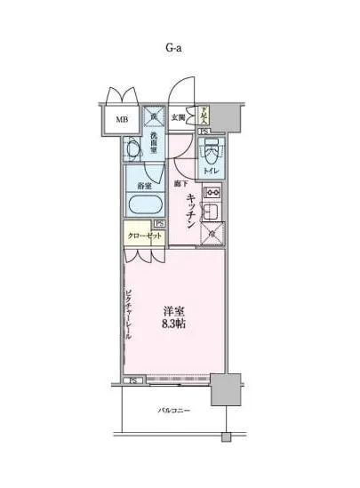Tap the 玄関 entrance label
point(179,117)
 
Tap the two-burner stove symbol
point(212,191)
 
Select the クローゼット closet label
point(143,236)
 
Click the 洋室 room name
point(173,312)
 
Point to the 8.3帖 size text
point(173,326)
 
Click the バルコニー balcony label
point(172,411)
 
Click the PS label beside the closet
point(159,224)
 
